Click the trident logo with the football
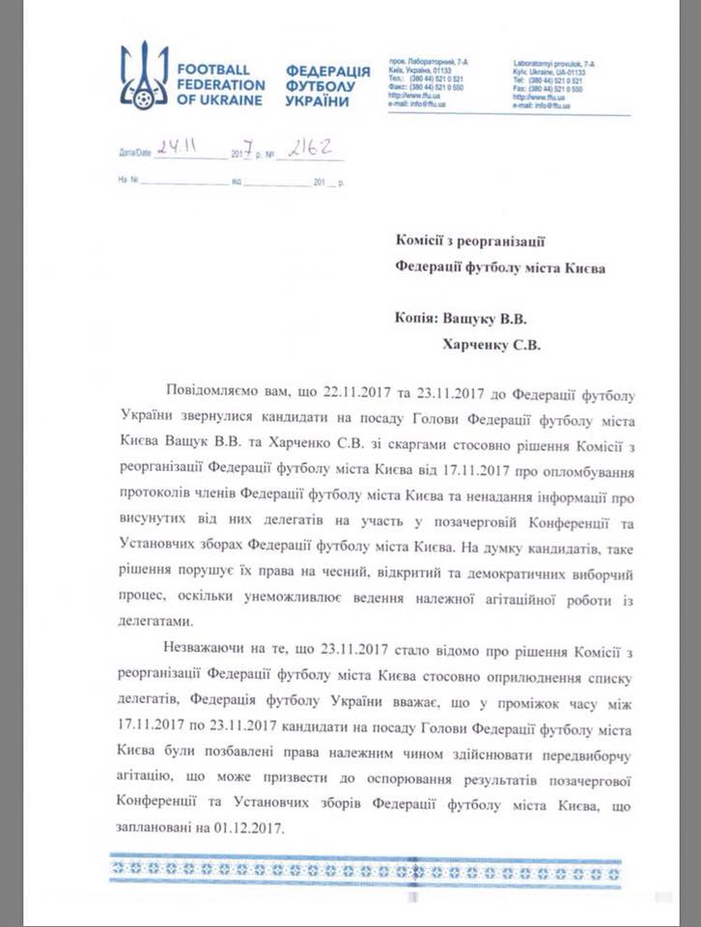(x=144, y=75)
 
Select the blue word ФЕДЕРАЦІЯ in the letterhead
(x=328, y=71)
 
